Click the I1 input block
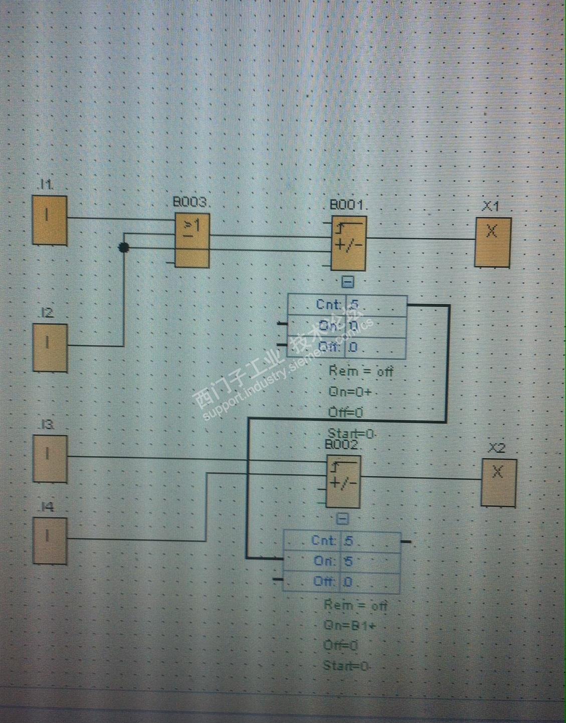coord(50,220)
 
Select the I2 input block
coord(50,347)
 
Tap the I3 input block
coord(50,458)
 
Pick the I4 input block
coord(50,540)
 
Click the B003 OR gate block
coord(192,240)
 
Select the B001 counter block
coord(348,243)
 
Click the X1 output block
coord(493,242)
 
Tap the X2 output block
coord(498,482)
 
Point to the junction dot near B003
coord(124,247)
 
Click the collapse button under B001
coord(347,282)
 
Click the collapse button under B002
coord(342,518)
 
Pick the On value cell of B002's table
coord(370,561)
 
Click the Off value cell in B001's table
coord(375,347)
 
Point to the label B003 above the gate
coord(190,202)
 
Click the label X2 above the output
coord(496,448)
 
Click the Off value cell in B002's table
coord(370,582)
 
